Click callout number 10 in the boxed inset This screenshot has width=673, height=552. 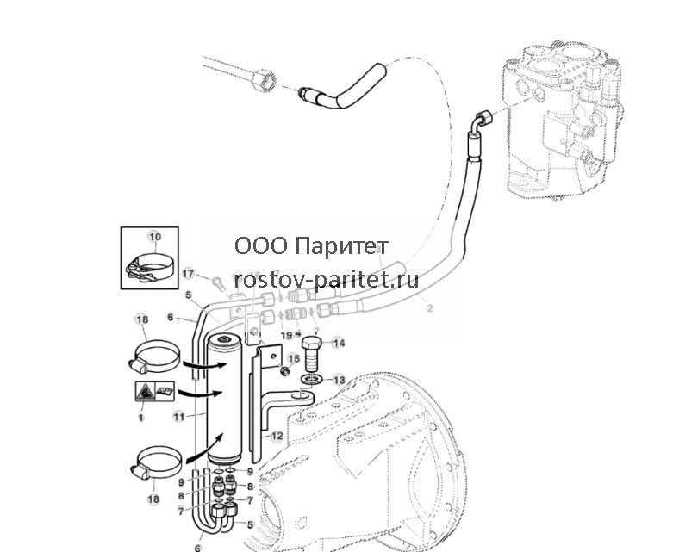click(155, 237)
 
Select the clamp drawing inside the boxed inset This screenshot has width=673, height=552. click(150, 269)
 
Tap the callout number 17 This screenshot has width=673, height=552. click(189, 273)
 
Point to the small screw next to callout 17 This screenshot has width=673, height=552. click(218, 282)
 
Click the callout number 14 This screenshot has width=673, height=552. click(339, 343)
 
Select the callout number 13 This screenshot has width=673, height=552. click(339, 380)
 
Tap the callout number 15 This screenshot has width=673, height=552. click(293, 358)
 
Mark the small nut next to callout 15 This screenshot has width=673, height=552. click(283, 371)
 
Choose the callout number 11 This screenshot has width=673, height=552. click(179, 416)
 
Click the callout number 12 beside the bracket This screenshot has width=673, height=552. click(277, 437)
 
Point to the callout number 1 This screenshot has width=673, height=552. click(140, 418)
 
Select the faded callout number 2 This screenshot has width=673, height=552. click(430, 307)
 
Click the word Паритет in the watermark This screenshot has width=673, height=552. click(342, 246)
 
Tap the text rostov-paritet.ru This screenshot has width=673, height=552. click(327, 280)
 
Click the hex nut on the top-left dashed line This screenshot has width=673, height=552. click(264, 80)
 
